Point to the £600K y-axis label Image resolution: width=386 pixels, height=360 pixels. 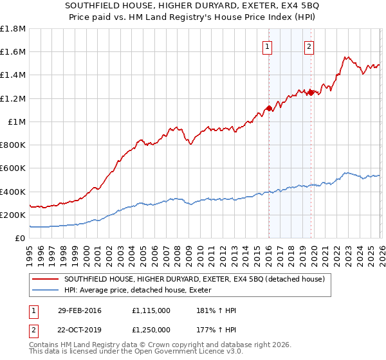pos(12,168)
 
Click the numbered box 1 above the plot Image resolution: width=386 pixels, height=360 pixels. pos(267,46)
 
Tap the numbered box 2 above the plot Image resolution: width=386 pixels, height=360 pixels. pos(309,46)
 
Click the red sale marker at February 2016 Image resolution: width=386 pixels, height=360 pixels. pos(268,108)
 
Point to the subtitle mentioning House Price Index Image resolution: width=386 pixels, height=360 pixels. pos(193,18)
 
